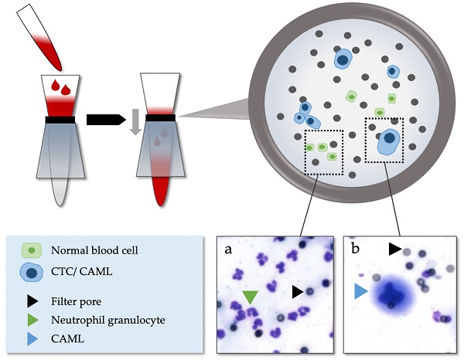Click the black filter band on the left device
(x=60, y=120)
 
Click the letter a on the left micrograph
(x=229, y=250)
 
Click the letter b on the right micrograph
(x=354, y=250)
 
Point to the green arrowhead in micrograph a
(x=249, y=296)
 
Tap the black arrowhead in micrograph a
(x=297, y=290)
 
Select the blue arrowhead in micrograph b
(x=360, y=291)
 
